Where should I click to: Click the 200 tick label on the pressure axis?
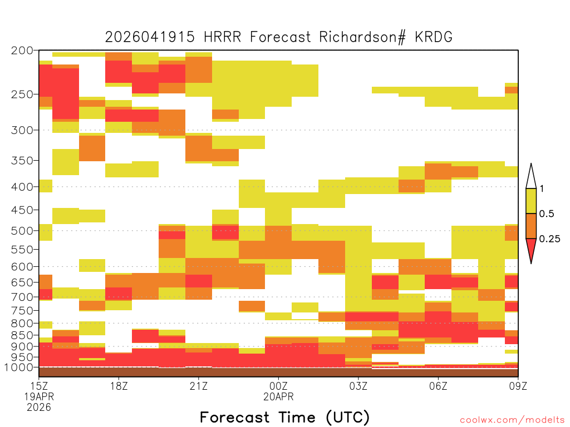coord(22,51)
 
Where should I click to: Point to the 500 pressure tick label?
coord(22,231)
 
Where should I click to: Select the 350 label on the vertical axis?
coord(22,161)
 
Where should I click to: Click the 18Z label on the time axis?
coord(119,386)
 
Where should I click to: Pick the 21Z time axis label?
coord(199,386)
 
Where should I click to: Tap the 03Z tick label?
coord(358,386)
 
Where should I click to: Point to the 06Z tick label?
coord(438,386)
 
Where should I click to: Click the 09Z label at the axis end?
coord(518,386)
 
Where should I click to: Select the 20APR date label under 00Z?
coord(278,396)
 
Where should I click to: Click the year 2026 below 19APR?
coord(39,408)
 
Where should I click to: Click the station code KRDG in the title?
coord(434,37)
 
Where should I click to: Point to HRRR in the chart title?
coord(222,37)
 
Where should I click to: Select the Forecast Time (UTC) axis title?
coord(284,417)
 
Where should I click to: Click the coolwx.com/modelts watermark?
coord(512,420)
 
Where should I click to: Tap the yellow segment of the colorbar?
coord(531,201)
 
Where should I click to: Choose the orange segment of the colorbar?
coord(531,226)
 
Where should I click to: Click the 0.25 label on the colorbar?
coord(549,239)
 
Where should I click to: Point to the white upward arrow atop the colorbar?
coord(531,176)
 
